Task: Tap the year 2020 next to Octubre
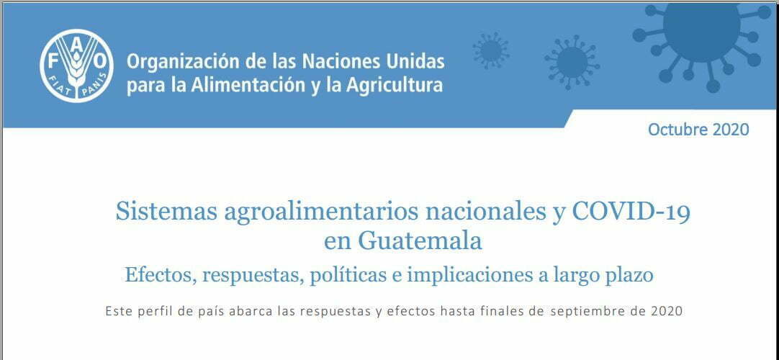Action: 731,130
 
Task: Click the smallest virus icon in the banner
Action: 490,50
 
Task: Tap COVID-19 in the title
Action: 631,212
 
